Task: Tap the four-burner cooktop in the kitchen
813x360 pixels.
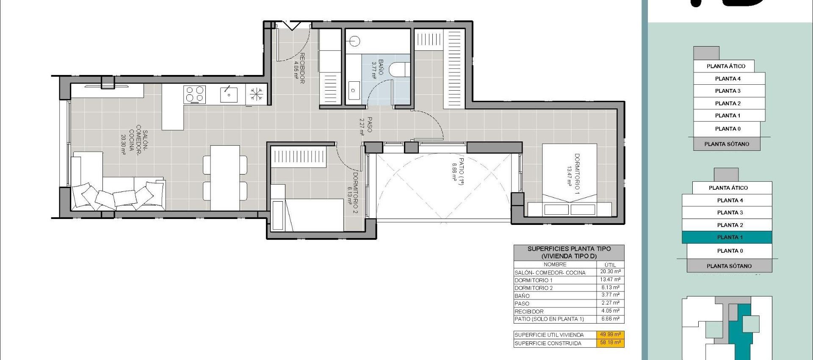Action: (x=195, y=94)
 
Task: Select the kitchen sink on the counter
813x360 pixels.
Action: (x=229, y=94)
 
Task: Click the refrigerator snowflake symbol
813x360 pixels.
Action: (x=256, y=94)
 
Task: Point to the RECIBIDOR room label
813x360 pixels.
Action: (x=299, y=68)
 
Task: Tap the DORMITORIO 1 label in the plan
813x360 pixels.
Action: (x=573, y=174)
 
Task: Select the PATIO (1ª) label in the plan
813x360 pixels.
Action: (x=458, y=168)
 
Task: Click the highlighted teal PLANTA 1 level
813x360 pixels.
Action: (x=727, y=237)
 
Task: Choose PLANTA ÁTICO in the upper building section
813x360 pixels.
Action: (x=726, y=66)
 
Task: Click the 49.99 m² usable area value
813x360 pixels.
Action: (x=610, y=335)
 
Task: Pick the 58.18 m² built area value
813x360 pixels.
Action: (x=610, y=343)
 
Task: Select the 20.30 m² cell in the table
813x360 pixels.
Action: (x=610, y=272)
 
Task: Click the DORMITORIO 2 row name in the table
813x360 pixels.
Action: (x=534, y=288)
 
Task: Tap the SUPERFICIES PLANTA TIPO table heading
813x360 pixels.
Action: (x=569, y=252)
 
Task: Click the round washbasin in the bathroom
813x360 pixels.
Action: (x=354, y=41)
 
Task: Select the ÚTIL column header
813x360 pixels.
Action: (x=610, y=265)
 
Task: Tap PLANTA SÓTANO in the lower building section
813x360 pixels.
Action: (x=729, y=266)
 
